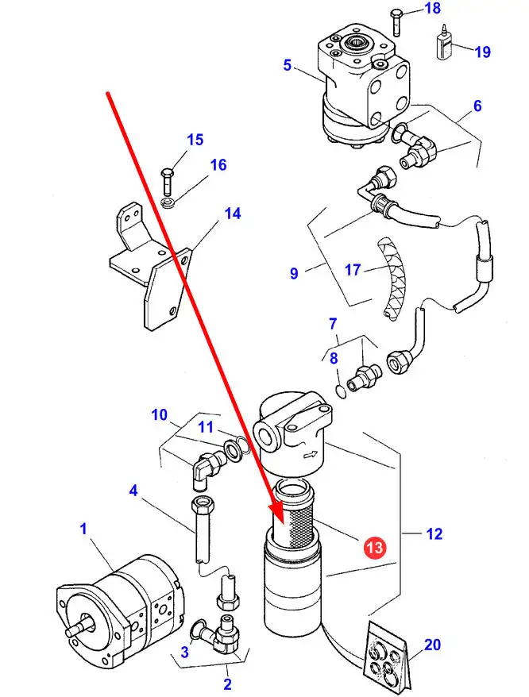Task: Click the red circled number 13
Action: [374, 547]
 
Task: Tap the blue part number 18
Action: [431, 9]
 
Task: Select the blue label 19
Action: [483, 52]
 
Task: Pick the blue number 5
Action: [287, 65]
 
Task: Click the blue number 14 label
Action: [232, 214]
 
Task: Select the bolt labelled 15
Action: [166, 181]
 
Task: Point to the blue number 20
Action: [432, 645]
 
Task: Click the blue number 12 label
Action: [434, 534]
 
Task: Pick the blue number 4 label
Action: [134, 491]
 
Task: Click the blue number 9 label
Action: [294, 273]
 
